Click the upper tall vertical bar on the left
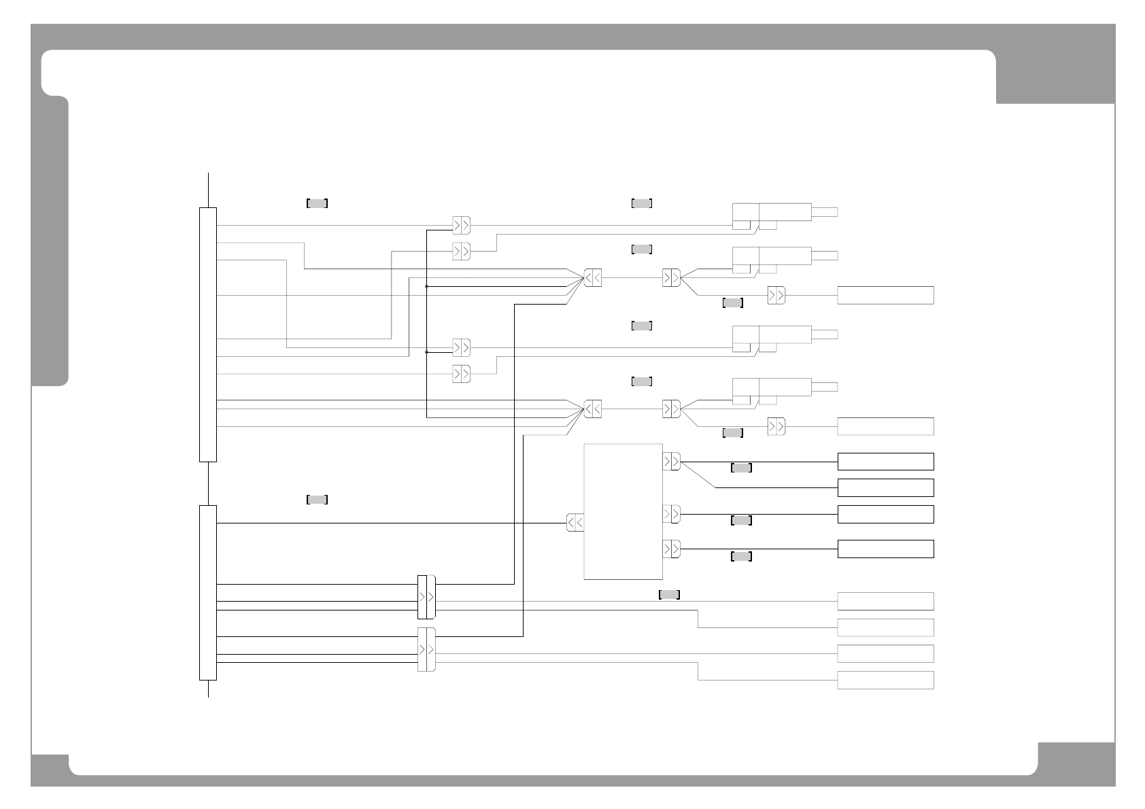coord(208,334)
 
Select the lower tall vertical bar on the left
coord(208,592)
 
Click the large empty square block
coord(623,511)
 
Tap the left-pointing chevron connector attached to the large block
coord(575,523)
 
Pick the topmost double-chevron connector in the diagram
coord(461,225)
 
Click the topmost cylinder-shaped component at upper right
coord(772,212)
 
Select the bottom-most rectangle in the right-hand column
coord(885,680)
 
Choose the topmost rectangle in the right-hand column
coord(885,295)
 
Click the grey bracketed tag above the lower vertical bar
coord(318,500)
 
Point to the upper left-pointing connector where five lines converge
coord(592,278)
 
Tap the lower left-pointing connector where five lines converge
coord(592,409)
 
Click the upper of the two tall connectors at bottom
coord(426,597)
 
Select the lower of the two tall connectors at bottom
coord(426,649)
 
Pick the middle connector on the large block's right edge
coord(671,514)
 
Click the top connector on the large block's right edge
coord(671,462)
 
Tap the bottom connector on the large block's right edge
coord(671,549)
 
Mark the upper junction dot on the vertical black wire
coord(426,286)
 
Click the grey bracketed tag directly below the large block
coord(669,595)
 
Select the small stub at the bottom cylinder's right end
coord(824,387)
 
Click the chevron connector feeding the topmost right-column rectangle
coord(776,295)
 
